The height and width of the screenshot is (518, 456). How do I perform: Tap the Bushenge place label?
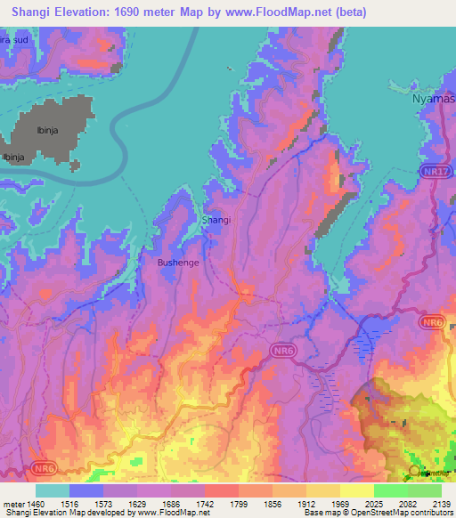[178, 263]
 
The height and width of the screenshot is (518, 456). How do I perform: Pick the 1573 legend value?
[103, 503]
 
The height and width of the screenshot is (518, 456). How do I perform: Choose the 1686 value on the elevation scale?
[171, 503]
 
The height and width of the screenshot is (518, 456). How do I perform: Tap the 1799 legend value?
[239, 503]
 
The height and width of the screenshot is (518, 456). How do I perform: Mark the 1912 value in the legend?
[306, 503]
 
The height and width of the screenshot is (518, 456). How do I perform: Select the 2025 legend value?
[374, 503]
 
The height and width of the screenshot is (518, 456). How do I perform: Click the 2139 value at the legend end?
[441, 503]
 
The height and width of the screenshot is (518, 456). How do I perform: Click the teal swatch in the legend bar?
[53, 490]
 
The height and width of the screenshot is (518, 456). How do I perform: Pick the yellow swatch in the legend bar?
[357, 490]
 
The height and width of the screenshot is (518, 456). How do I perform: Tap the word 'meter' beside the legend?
[12, 503]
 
